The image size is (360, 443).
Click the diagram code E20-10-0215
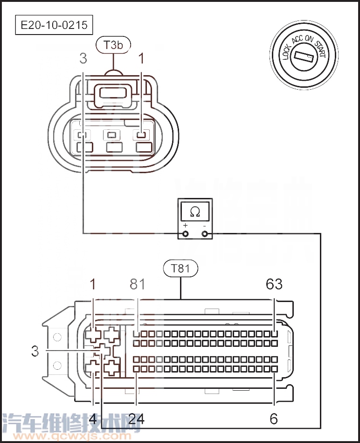coord(54,25)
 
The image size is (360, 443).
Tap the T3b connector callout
coord(113,45)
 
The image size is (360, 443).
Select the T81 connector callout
coord(180,268)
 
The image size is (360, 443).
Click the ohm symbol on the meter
coord(195,211)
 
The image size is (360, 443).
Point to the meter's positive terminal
coord(185,234)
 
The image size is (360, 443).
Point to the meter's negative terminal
coord(205,234)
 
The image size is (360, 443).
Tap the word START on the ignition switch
coord(321,49)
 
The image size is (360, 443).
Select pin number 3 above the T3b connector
coord(83,58)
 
